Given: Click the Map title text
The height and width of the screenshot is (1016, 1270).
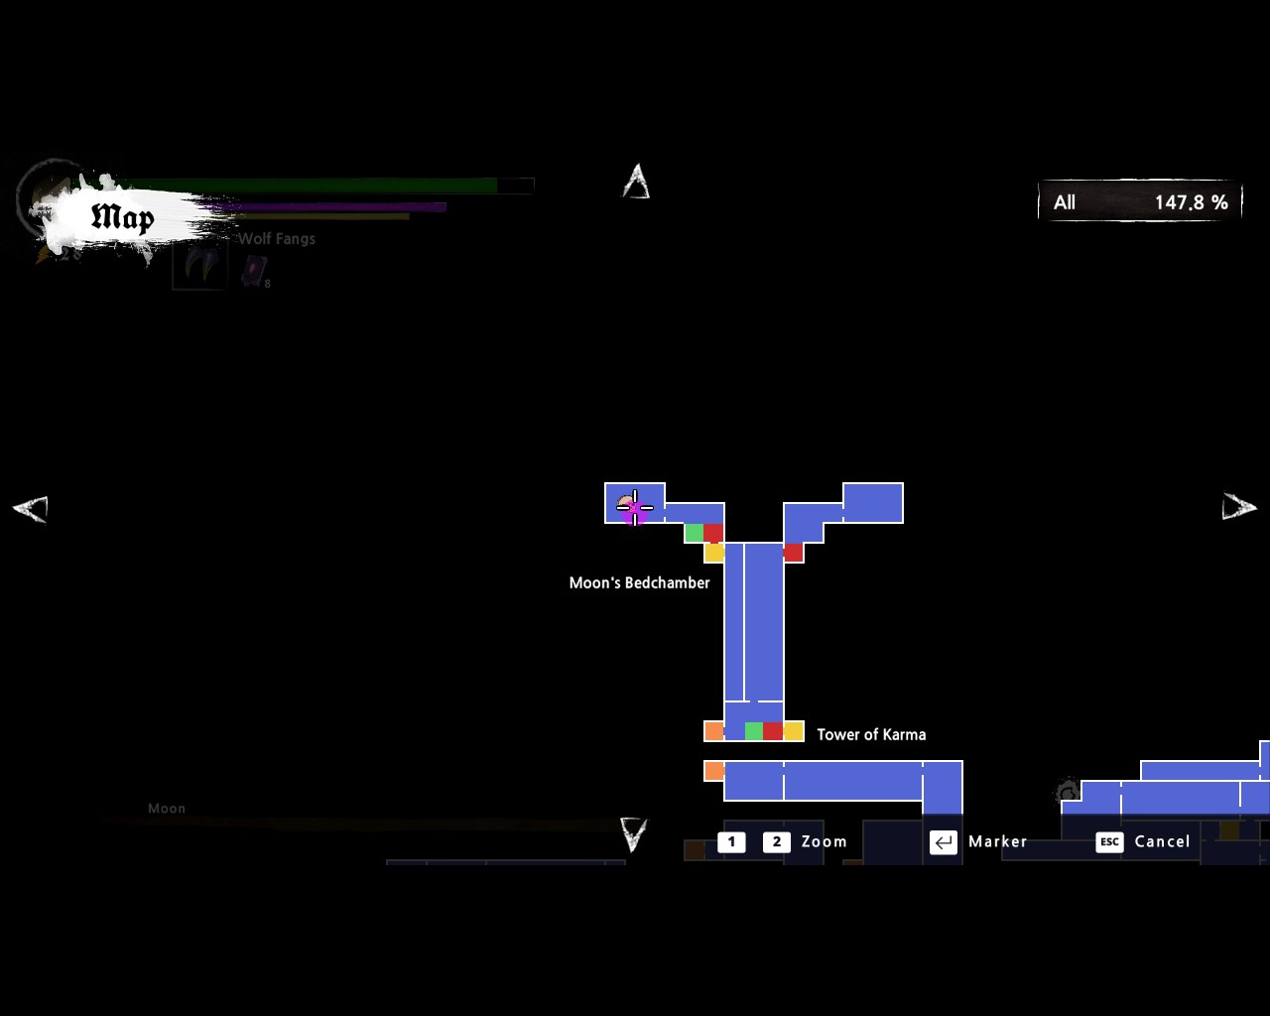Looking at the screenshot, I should click(x=122, y=217).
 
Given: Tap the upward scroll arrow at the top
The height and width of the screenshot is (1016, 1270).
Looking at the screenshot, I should click(x=636, y=182).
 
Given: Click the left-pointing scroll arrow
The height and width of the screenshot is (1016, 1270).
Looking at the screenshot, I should click(x=30, y=508).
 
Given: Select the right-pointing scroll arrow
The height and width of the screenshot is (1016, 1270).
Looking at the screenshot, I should click(x=1238, y=507).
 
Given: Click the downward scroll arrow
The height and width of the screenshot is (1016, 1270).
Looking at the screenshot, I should click(x=633, y=834).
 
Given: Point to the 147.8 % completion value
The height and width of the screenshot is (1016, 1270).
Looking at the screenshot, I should click(x=1191, y=202).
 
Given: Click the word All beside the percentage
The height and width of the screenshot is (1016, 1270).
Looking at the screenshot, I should click(x=1065, y=202).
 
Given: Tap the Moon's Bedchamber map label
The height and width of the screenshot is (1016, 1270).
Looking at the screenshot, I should click(x=639, y=582).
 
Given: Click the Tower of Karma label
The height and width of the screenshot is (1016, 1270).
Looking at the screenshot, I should click(x=871, y=734).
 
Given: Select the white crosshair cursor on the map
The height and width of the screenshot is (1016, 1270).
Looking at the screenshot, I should click(x=635, y=508).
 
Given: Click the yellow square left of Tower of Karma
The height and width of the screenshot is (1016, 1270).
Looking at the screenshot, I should click(x=793, y=731).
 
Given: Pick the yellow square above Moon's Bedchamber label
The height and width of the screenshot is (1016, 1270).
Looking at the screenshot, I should click(x=714, y=553).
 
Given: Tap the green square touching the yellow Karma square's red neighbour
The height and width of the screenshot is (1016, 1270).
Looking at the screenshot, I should click(x=754, y=731).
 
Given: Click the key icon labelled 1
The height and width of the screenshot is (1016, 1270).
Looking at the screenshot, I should click(x=731, y=841).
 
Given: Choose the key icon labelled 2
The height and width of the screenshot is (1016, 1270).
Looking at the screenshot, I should click(x=776, y=841).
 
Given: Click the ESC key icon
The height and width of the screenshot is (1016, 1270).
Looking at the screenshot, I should click(x=1109, y=841).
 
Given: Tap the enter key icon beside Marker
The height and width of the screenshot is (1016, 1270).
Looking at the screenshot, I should click(x=943, y=841).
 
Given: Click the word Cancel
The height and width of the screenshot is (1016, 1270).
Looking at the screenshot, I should click(x=1162, y=841).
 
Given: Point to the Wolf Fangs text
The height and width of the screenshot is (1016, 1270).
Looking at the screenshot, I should click(x=277, y=238).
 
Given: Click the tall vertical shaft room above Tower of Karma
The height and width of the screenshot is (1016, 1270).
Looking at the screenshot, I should click(x=763, y=621).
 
